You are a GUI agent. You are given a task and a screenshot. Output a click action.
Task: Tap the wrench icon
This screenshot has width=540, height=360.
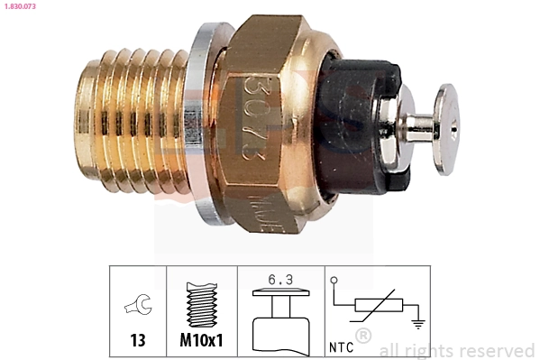tap(138, 308)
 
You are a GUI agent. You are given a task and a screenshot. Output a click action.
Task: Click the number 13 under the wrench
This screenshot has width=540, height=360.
tap(138, 342)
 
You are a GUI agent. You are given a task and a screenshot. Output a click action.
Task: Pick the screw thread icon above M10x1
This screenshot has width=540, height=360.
tap(201, 302)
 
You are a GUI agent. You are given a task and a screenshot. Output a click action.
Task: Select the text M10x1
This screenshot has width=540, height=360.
tap(201, 342)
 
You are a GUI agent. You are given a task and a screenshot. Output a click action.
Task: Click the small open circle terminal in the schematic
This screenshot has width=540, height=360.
tap(334, 282)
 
